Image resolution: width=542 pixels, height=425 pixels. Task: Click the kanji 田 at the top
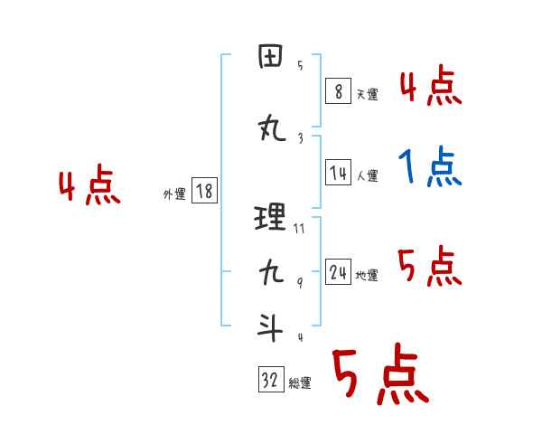271,59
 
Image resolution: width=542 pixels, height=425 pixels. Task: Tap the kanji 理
271,218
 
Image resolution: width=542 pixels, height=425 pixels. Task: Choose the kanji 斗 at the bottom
271,328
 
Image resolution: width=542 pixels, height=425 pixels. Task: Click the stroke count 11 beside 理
299,228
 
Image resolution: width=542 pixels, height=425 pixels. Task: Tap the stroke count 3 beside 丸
300,138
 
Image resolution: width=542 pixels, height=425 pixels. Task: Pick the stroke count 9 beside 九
300,284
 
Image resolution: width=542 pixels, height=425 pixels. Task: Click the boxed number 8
337,90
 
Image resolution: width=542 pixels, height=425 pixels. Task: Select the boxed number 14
338,174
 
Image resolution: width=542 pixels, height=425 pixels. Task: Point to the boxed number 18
204,191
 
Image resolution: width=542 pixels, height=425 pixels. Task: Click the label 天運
367,93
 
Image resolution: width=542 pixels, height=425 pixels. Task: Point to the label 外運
173,194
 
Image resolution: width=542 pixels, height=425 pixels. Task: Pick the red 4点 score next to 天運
430,87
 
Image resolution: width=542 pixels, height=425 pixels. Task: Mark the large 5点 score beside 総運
379,375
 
